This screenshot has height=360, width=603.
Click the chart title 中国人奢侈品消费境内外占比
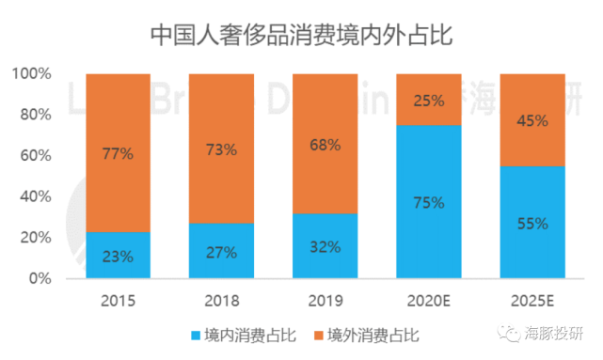coord(301,35)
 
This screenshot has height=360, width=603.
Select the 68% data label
coord(325,146)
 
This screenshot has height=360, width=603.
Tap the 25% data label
coord(428,100)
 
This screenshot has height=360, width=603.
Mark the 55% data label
coord(532,224)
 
